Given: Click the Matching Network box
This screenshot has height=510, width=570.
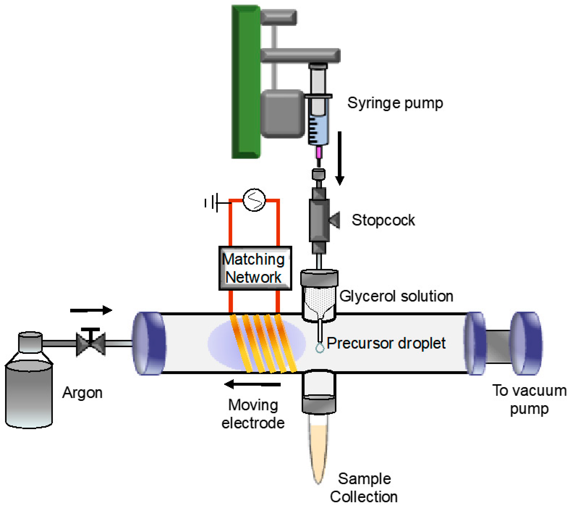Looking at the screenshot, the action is point(255,268).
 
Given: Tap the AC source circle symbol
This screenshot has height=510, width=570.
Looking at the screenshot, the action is point(254,200).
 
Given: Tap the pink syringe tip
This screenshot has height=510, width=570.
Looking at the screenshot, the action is point(318,152).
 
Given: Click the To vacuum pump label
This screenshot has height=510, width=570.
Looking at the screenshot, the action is point(529,399).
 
